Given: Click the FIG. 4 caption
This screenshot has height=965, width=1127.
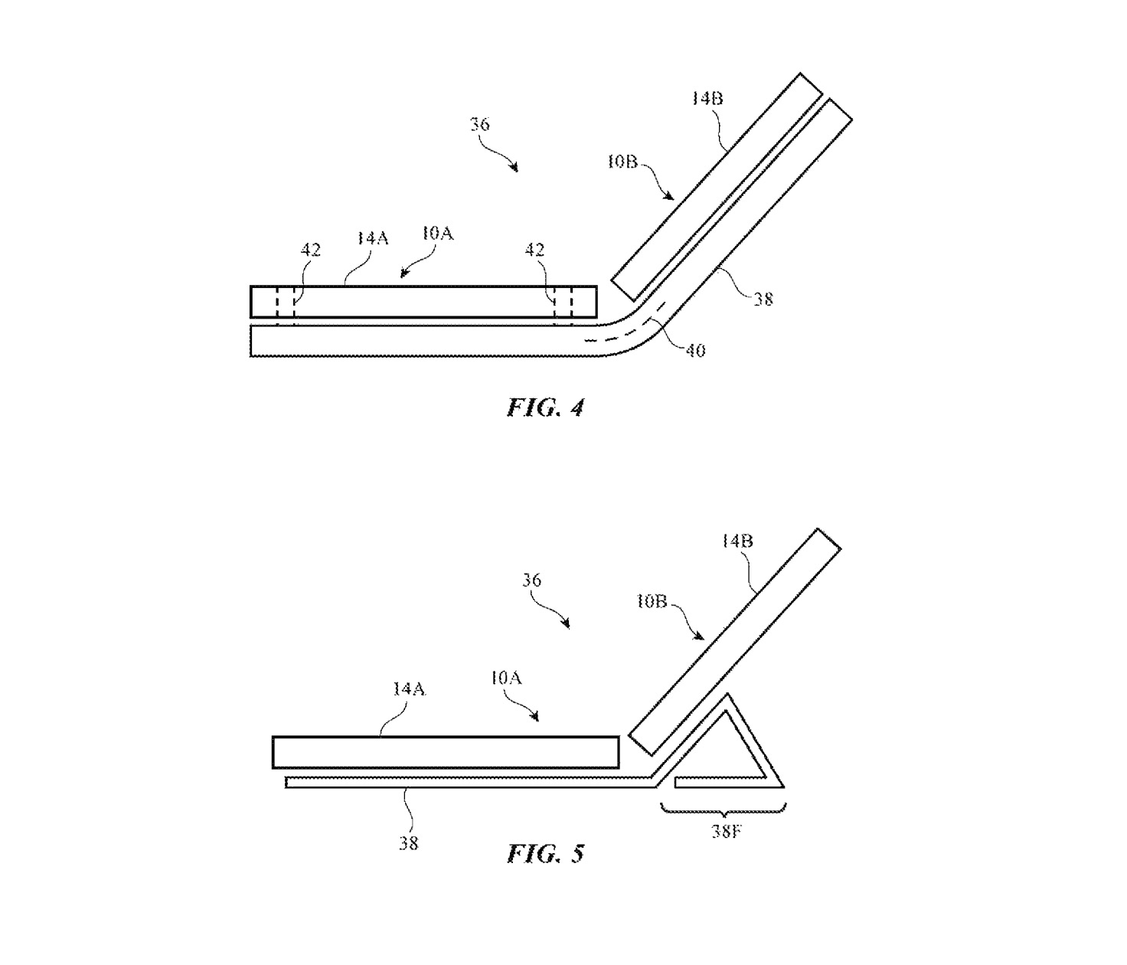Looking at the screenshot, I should pyautogui.click(x=545, y=407).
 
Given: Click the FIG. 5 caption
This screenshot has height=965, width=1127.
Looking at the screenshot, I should pyautogui.click(x=545, y=853).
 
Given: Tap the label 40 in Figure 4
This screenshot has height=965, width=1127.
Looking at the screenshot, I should pyautogui.click(x=694, y=351).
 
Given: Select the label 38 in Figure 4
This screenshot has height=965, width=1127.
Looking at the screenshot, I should pyautogui.click(x=763, y=299).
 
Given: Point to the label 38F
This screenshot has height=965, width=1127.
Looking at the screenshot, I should pyautogui.click(x=725, y=832).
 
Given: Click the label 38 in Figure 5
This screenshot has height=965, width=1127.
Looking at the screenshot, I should pyautogui.click(x=408, y=843).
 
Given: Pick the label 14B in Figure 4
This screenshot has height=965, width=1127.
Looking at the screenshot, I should pyautogui.click(x=707, y=99).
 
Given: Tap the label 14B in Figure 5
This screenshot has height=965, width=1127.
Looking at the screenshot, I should pyautogui.click(x=737, y=541).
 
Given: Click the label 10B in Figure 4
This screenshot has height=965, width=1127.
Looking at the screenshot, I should pyautogui.click(x=622, y=162).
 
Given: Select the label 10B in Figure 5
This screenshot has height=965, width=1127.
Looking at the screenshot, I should pyautogui.click(x=652, y=602).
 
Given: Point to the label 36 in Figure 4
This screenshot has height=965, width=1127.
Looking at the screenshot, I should pyautogui.click(x=480, y=124).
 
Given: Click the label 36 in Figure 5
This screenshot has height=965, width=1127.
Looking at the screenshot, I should pyautogui.click(x=532, y=580).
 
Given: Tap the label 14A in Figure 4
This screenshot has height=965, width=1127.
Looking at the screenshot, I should pyautogui.click(x=372, y=239).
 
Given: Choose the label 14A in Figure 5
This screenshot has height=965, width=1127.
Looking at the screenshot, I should pyautogui.click(x=409, y=689).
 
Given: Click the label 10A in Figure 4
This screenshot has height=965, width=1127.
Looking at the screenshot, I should pyautogui.click(x=437, y=234).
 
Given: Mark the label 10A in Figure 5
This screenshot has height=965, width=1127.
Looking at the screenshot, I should pyautogui.click(x=506, y=678).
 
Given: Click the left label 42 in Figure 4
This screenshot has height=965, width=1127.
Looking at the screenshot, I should pyautogui.click(x=310, y=250).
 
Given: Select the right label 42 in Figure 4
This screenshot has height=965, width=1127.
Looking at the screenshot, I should pyautogui.click(x=534, y=250).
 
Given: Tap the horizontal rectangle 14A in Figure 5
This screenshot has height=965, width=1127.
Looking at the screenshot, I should pyautogui.click(x=446, y=752).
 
